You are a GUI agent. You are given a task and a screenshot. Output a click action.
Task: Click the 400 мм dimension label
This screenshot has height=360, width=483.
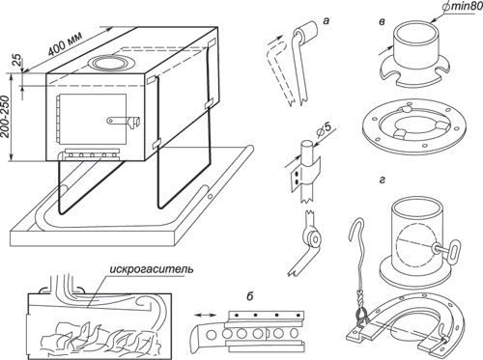[x=65, y=43]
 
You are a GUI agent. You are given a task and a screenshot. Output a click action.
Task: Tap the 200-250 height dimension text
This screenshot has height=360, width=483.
[x=6, y=117]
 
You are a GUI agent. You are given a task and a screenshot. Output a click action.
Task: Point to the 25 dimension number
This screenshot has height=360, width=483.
[x=17, y=60]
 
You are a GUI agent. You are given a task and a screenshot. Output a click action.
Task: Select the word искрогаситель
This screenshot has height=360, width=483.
[x=152, y=268]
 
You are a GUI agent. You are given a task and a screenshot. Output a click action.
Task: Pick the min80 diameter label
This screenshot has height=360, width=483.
[x=463, y=7]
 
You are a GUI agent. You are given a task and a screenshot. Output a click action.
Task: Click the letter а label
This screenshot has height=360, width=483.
[x=327, y=21]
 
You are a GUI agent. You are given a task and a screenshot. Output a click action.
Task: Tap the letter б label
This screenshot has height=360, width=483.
[x=250, y=296]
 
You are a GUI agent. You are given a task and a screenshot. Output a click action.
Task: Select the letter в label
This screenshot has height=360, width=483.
[x=382, y=22]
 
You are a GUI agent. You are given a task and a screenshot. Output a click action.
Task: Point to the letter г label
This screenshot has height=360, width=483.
[x=382, y=180]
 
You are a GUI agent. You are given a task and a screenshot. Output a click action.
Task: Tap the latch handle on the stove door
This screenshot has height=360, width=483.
[x=124, y=121]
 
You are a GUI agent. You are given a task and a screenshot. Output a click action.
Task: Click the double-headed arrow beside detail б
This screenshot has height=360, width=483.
[x=205, y=317]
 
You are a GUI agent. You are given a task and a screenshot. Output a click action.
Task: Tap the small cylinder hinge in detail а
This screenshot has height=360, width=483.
[x=306, y=32]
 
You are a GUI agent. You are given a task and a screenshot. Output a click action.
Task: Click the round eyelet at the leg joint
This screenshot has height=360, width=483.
[x=313, y=238]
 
